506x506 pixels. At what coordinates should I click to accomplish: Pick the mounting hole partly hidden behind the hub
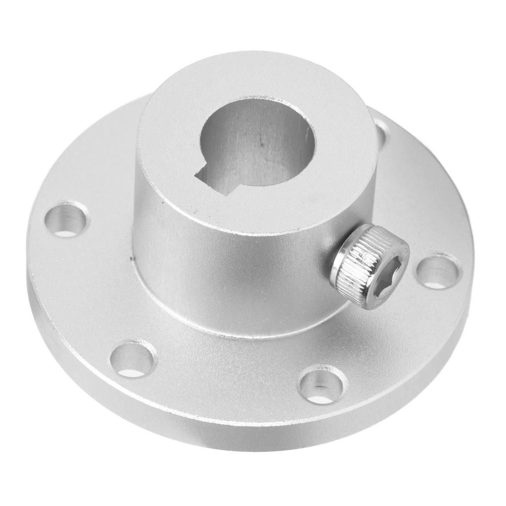[x=381, y=130]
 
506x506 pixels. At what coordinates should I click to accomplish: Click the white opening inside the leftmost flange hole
[x=66, y=230]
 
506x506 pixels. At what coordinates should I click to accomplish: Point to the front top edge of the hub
[x=247, y=232]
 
